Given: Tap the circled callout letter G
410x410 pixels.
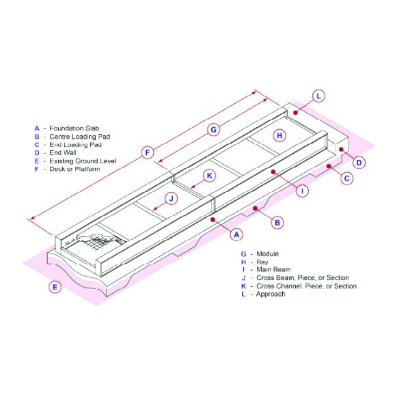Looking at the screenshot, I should click(213, 129).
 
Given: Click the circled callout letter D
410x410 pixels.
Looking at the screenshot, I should click(359, 162).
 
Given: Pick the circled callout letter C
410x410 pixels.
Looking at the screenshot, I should click(347, 178).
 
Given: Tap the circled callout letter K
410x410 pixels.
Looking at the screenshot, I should click(210, 176).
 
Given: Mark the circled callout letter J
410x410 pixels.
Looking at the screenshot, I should click(172, 198).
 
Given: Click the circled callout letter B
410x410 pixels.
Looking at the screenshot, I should click(277, 222).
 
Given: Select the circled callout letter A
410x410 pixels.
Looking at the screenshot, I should click(236, 234).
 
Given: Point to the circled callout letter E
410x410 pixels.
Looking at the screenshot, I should click(55, 287).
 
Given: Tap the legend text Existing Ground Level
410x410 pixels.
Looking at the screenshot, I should click(83, 161).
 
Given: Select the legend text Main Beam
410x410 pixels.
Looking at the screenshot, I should click(273, 270).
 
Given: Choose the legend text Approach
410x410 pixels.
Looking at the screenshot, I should click(271, 295).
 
